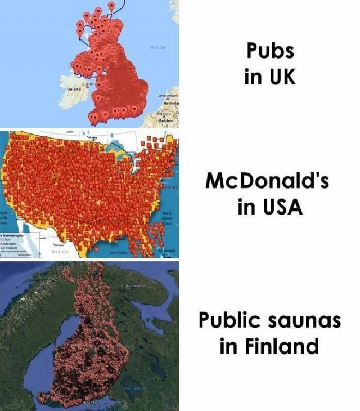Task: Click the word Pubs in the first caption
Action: click(270, 51)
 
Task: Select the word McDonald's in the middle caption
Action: click(267, 181)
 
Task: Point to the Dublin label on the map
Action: click(87, 84)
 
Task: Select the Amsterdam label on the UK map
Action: click(167, 96)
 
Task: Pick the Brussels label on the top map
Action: click(164, 113)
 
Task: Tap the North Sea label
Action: click(157, 47)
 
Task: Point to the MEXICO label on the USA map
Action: click(60, 252)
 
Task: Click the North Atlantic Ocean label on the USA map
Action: click(168, 218)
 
